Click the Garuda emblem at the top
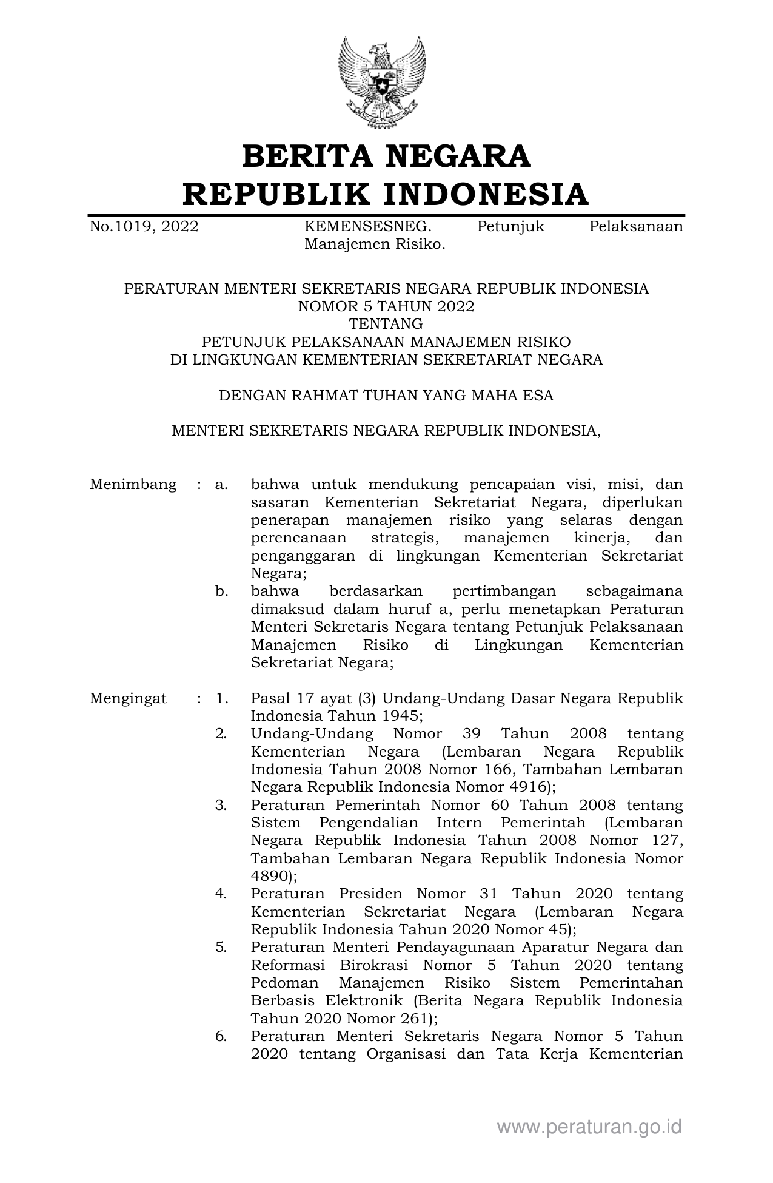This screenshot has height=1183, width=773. [x=381, y=83]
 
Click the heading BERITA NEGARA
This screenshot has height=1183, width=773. [x=386, y=156]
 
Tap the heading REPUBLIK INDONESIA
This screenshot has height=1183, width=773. [x=386, y=194]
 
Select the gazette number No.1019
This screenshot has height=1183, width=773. [x=144, y=227]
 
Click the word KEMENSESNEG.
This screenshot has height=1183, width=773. [x=368, y=227]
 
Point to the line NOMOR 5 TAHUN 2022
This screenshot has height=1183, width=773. [x=386, y=306]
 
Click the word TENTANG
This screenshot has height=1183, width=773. [x=386, y=324]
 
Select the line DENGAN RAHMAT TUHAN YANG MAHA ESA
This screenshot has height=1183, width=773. [x=386, y=396]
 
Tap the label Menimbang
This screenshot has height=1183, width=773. [x=133, y=485]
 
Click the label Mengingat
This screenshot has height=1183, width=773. [x=129, y=698]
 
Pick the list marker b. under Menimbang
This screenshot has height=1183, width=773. [x=222, y=591]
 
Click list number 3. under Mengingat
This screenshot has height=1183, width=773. [x=221, y=805]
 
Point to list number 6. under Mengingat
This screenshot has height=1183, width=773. [x=221, y=1037]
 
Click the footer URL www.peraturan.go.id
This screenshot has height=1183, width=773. [x=589, y=1127]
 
